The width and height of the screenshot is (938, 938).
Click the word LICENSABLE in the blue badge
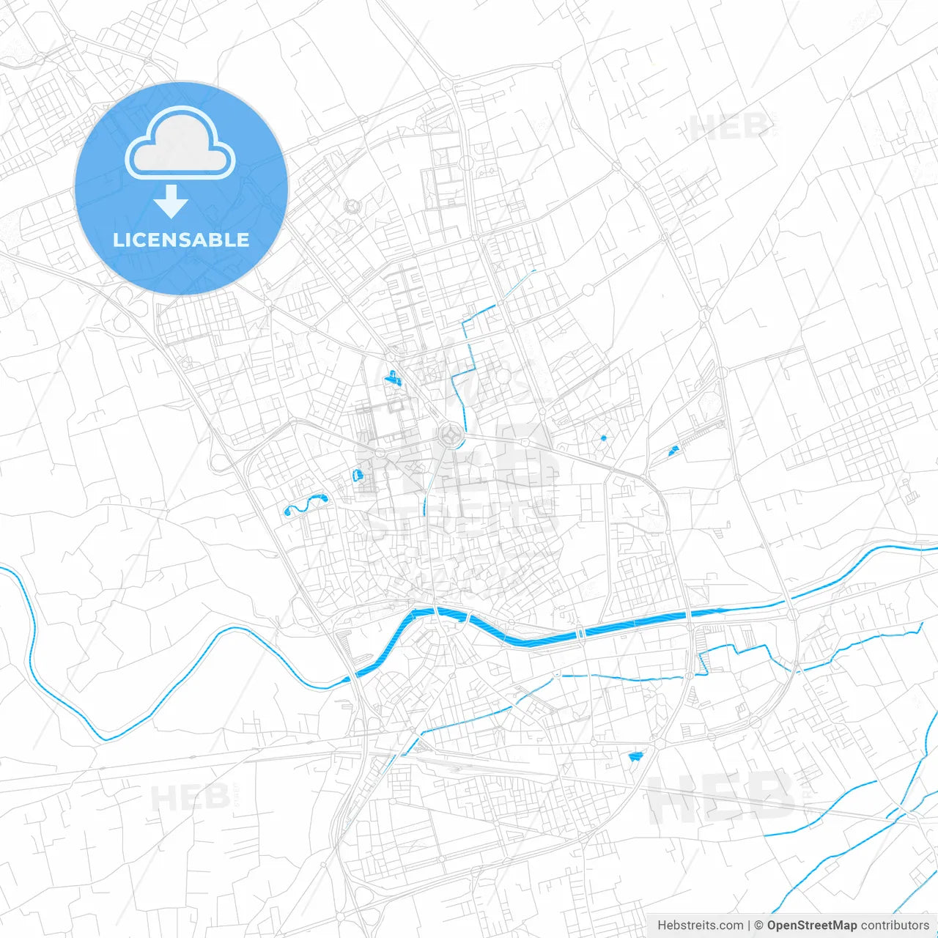point(181,240)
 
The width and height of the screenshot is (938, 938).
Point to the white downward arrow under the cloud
point(171,202)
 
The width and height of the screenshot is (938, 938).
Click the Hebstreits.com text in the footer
point(700,926)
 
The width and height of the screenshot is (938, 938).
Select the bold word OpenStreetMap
point(811,926)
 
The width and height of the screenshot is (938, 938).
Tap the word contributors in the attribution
point(895,926)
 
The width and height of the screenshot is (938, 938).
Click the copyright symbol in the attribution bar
point(758,926)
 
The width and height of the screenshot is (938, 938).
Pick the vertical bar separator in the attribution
point(748,926)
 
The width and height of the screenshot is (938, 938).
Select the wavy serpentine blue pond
point(305,504)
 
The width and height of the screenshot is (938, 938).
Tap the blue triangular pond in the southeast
point(635,756)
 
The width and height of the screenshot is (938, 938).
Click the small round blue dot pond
point(603,438)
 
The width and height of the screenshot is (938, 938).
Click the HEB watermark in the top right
point(729,127)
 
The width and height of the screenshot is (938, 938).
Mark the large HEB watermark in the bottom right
point(722,797)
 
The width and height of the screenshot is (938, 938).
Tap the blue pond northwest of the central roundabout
point(394,378)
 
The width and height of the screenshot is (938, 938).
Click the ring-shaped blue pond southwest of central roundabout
point(358,474)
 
